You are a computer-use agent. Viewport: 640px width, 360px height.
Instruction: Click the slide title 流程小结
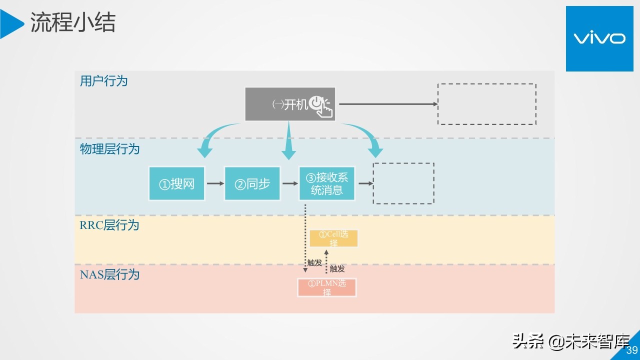(73, 22)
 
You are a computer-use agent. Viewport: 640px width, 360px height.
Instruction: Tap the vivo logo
(599, 38)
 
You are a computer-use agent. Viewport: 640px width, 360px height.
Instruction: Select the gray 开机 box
(289, 104)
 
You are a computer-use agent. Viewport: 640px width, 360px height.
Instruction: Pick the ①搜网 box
(176, 183)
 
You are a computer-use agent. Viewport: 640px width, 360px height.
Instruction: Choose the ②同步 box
(252, 183)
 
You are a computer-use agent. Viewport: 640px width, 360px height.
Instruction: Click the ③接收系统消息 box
(327, 183)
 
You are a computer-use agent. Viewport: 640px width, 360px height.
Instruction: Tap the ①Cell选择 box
(333, 238)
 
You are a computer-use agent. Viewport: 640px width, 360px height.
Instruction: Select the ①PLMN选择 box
(327, 287)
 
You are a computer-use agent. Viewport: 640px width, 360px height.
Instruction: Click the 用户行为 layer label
(103, 81)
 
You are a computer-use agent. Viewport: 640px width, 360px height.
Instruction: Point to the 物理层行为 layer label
(109, 149)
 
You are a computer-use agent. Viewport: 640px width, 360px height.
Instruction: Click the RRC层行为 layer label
(109, 225)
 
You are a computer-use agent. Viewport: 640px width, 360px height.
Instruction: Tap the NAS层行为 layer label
(109, 274)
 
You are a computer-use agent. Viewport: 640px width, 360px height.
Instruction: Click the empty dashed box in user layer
(486, 104)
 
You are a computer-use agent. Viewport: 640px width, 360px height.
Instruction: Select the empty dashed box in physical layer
(403, 183)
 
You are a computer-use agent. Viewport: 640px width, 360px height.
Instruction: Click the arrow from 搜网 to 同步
(215, 183)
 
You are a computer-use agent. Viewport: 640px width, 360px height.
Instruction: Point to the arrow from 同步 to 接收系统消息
(290, 183)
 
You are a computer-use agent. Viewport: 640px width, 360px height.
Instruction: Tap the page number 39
(631, 350)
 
